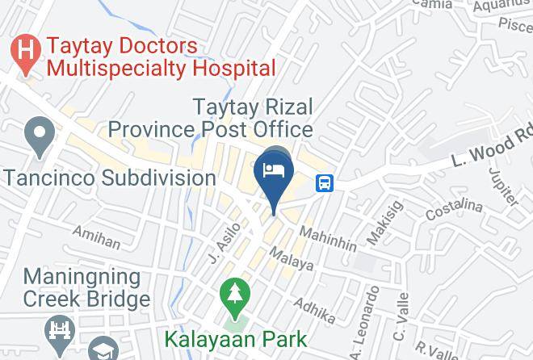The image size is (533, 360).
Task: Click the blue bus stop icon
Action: (325, 182)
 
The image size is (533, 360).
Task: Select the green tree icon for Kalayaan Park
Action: (235, 296)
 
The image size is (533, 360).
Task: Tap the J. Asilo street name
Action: (225, 242)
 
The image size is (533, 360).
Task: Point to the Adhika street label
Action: (314, 306)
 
